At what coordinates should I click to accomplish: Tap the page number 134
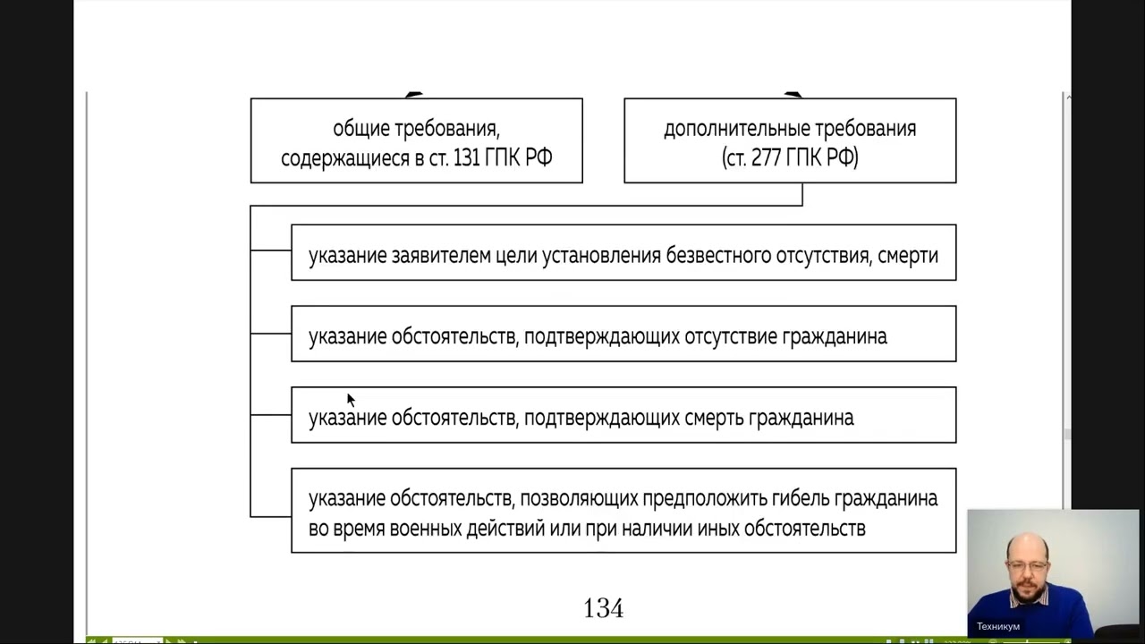[603, 609]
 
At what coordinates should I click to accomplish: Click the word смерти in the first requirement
[908, 256]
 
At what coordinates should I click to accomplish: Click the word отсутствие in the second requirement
[730, 337]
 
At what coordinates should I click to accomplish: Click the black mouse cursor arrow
[350, 399]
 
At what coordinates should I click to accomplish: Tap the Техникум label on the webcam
[997, 626]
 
